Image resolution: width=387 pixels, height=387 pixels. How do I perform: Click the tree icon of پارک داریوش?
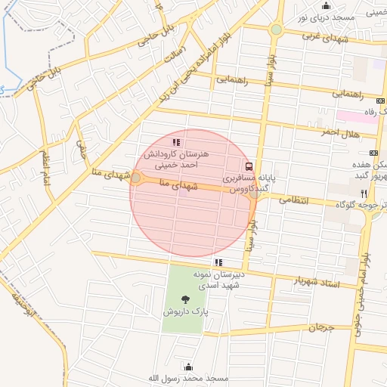point(186,300)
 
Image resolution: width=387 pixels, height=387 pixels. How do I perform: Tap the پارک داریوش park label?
point(185,311)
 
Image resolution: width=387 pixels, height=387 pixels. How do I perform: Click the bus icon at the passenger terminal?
point(249,167)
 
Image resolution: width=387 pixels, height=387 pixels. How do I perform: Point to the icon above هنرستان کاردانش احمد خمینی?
point(176,141)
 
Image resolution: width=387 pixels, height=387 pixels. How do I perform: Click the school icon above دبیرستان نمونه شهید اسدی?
point(218,263)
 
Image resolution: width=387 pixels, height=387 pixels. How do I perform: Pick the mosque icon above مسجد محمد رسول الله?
point(187,367)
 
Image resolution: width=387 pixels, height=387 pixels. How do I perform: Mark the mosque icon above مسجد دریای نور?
point(326,6)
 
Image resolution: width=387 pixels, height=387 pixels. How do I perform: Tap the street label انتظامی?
point(294,200)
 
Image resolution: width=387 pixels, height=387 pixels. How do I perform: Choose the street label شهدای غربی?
point(323,36)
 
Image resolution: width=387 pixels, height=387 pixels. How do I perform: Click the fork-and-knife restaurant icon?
point(364,194)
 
